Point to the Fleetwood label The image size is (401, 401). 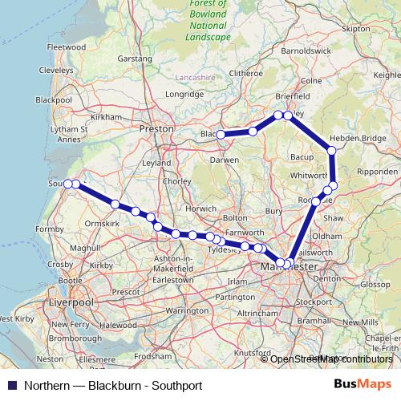coord(67,47)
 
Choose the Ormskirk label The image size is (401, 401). coord(102,222)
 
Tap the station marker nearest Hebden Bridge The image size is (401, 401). coord(330,150)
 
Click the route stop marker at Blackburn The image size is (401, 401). coord(220,134)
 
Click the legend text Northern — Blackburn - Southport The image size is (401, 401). coord(112,385)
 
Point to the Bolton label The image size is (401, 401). coord(235,217)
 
